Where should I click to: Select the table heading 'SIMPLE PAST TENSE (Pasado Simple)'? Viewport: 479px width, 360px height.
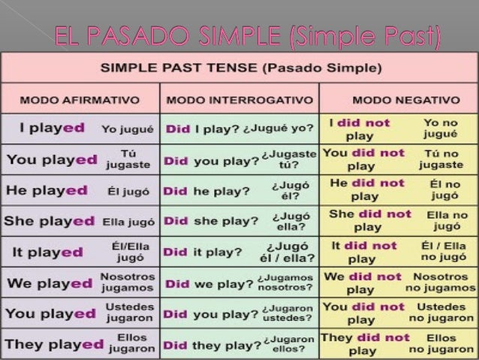tap(239, 68)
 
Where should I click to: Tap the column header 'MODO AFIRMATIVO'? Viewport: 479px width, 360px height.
tap(80, 99)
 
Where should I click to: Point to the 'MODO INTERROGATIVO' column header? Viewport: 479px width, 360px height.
tap(239, 99)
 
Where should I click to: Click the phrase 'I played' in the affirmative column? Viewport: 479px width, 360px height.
tap(56, 129)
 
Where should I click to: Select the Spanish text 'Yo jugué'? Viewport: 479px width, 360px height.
tap(128, 129)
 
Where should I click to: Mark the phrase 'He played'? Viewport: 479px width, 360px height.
tap(47, 190)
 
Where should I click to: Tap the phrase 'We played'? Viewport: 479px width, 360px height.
tap(50, 283)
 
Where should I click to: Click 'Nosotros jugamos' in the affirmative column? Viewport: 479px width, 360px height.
tap(127, 283)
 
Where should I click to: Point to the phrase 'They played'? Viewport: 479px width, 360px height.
tap(54, 344)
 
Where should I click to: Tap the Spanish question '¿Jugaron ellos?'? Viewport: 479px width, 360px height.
tap(288, 344)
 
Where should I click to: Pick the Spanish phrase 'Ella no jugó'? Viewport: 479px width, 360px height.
tap(447, 220)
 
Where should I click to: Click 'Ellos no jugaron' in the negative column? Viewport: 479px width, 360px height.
tap(441, 344)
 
